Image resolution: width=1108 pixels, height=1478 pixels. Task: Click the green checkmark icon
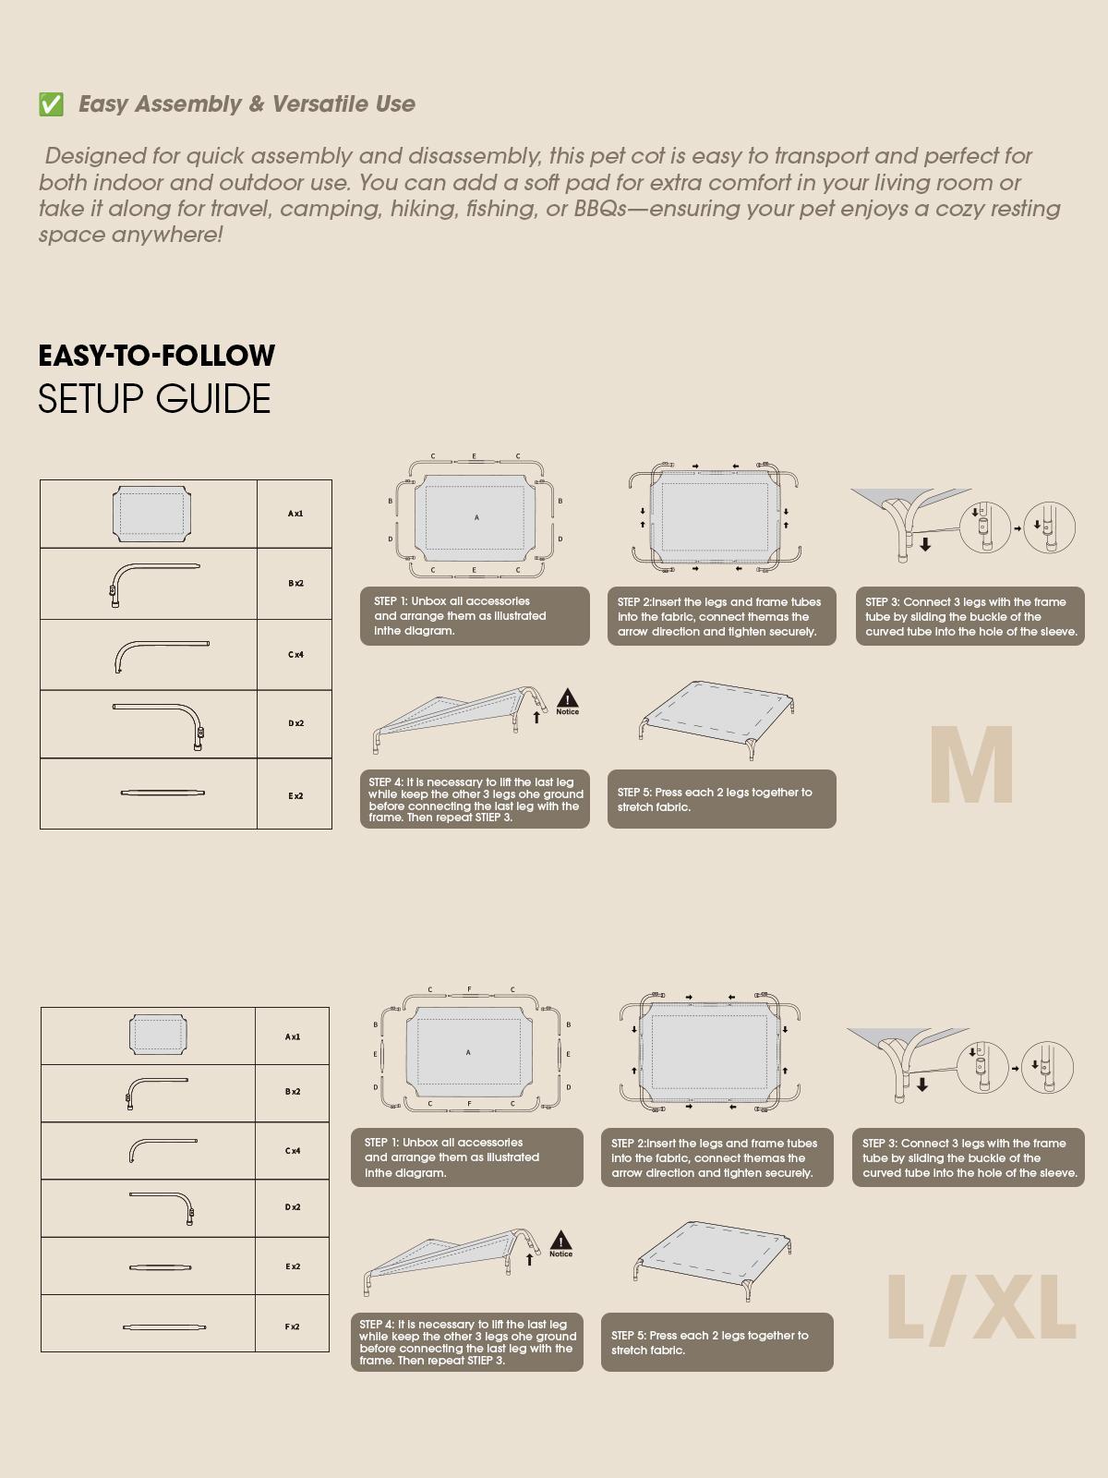point(51,104)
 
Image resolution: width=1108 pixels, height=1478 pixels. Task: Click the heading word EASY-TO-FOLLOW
point(157,356)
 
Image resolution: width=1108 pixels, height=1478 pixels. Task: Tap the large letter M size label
point(970,766)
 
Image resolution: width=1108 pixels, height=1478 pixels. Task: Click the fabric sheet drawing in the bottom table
point(158,1035)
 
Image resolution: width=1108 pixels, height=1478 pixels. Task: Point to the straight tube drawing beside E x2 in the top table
point(163,793)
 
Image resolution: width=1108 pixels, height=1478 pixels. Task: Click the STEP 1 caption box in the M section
point(475,616)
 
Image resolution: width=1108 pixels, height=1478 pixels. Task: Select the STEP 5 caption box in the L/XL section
point(717,1342)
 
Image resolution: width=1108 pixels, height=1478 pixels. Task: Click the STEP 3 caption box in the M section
point(969,616)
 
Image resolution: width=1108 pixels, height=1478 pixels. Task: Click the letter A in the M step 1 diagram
point(476,517)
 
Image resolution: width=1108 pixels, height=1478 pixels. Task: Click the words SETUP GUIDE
point(154,399)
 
